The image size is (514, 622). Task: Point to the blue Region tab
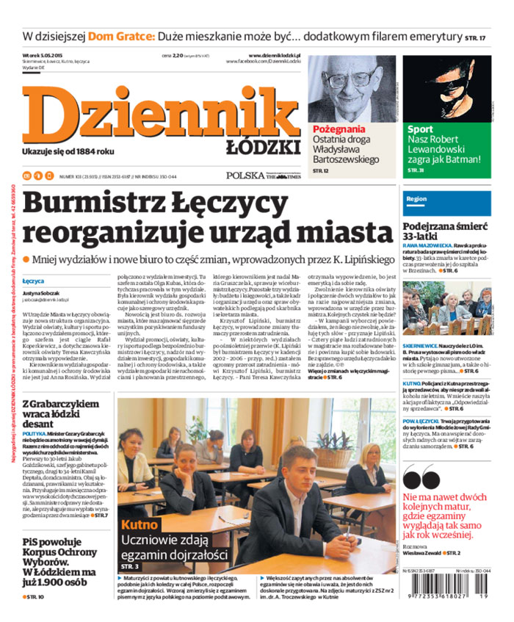pyautogui.click(x=416, y=199)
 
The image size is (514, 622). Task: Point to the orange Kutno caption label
pyautogui.click(x=140, y=525)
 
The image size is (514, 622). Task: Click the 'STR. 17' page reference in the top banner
pyautogui.click(x=475, y=37)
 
